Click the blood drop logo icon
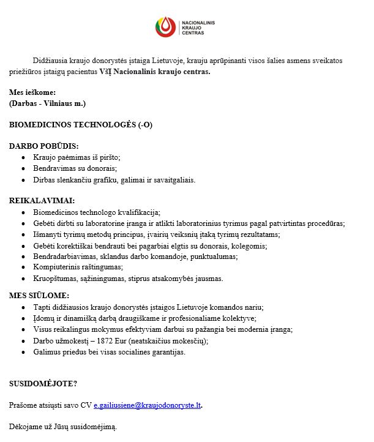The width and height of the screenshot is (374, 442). coord(165,27)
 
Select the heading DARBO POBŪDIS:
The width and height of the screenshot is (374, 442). coord(43,146)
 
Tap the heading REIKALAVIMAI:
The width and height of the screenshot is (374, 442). coord(42,201)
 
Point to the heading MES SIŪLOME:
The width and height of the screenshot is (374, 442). coord(39,296)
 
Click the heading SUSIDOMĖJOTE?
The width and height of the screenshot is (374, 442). coord(43,384)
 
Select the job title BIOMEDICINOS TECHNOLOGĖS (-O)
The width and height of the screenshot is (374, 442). coord(80,124)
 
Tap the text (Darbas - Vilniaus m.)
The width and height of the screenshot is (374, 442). coord(47,103)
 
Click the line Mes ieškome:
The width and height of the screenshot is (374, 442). coord(36,92)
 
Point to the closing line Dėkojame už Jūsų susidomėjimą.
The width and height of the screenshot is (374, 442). coord(62,426)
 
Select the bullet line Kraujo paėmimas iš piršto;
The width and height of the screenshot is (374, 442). coord(77,157)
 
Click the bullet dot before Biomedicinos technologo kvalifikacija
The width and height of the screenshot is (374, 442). coord(23,212)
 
